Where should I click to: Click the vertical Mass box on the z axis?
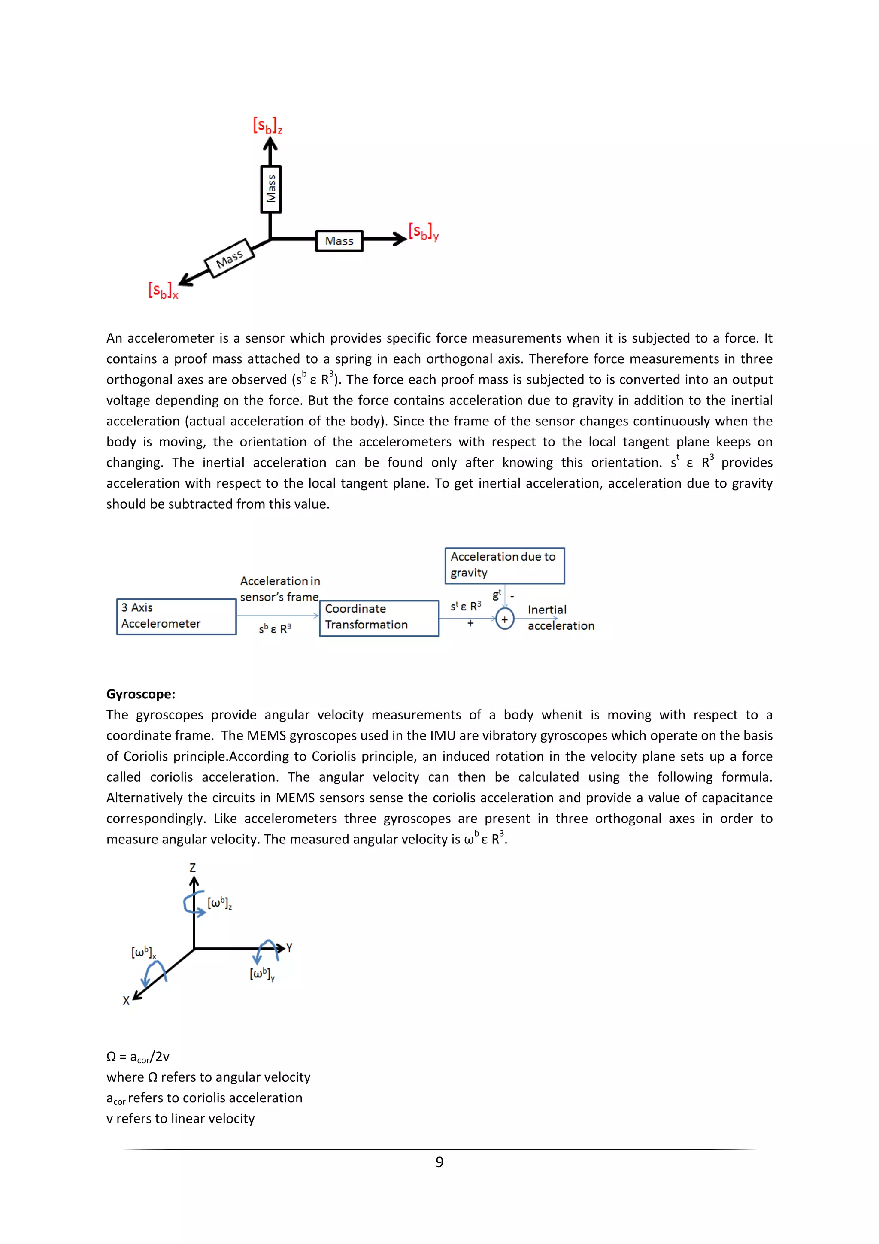[270, 189]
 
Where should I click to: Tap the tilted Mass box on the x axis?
[229, 258]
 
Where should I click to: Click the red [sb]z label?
[267, 126]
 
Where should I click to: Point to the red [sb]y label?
[423, 232]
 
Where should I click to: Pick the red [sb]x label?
[163, 291]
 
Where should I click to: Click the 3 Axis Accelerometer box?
[176, 616]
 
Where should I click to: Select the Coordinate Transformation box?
[379, 617]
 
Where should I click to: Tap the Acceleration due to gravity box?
[504, 565]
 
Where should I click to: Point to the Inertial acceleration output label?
[560, 618]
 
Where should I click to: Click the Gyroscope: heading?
[140, 694]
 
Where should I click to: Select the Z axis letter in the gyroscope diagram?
[192, 868]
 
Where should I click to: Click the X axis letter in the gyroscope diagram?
[126, 1001]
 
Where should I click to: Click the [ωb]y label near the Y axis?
[262, 974]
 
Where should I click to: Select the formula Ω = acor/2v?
[138, 1056]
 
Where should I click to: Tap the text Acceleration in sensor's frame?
[279, 589]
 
